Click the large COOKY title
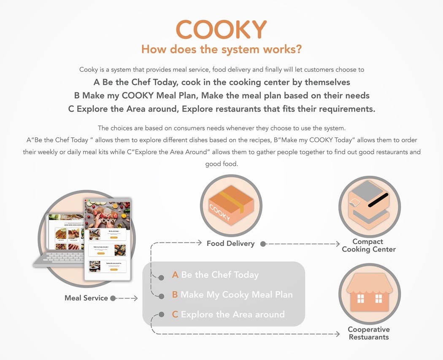point(221,30)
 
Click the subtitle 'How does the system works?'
point(221,49)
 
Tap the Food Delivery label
point(230,243)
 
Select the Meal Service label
point(86,298)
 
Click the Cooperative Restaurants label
point(369,333)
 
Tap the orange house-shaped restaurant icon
point(369,293)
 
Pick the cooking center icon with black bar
point(369,205)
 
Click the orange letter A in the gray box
point(176,275)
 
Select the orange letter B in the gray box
point(175,295)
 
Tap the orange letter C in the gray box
point(175,314)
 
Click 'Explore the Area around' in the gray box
point(232,314)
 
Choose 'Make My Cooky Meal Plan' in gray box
point(236,295)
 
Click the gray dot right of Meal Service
point(113,298)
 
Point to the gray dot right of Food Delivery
point(263,244)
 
